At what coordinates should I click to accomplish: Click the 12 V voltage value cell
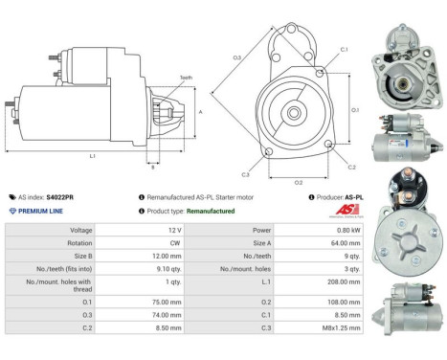pos(146,230)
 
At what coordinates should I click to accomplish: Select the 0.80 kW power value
pos(330,230)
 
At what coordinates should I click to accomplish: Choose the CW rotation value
pos(147,243)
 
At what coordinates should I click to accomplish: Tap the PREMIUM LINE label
pos(40,210)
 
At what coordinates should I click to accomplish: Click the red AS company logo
pos(344,209)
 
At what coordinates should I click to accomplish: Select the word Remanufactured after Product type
pos(211,210)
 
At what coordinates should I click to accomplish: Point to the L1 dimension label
pos(92,155)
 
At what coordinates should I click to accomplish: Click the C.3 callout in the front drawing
pos(246,174)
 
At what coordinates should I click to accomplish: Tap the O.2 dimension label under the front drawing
pos(298,181)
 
